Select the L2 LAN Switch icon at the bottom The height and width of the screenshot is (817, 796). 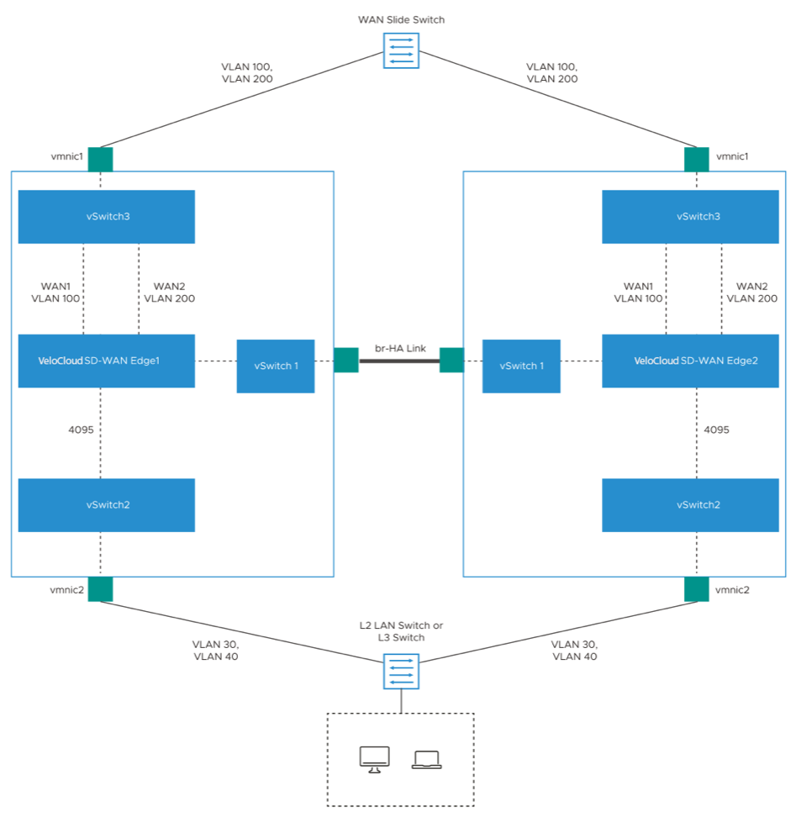(400, 671)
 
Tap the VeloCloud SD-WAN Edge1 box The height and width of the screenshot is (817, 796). (106, 361)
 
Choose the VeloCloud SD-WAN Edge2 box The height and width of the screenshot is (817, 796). (690, 361)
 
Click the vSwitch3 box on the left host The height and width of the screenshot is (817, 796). (106, 216)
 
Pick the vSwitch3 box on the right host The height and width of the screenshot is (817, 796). (690, 216)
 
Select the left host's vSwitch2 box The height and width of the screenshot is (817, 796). (106, 504)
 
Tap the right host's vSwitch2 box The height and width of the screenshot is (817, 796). (690, 504)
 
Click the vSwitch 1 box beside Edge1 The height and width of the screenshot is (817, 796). (276, 366)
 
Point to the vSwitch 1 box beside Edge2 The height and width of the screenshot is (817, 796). (521, 366)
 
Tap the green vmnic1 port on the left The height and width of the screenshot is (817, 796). (100, 159)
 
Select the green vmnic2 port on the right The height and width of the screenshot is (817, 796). (697, 589)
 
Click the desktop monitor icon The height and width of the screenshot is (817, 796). (374, 759)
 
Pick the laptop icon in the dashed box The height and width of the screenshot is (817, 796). (427, 760)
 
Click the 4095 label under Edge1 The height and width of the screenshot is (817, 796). (81, 429)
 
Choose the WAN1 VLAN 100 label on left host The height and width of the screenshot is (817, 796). (55, 293)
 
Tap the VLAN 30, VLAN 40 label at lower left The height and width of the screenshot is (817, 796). (215, 650)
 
